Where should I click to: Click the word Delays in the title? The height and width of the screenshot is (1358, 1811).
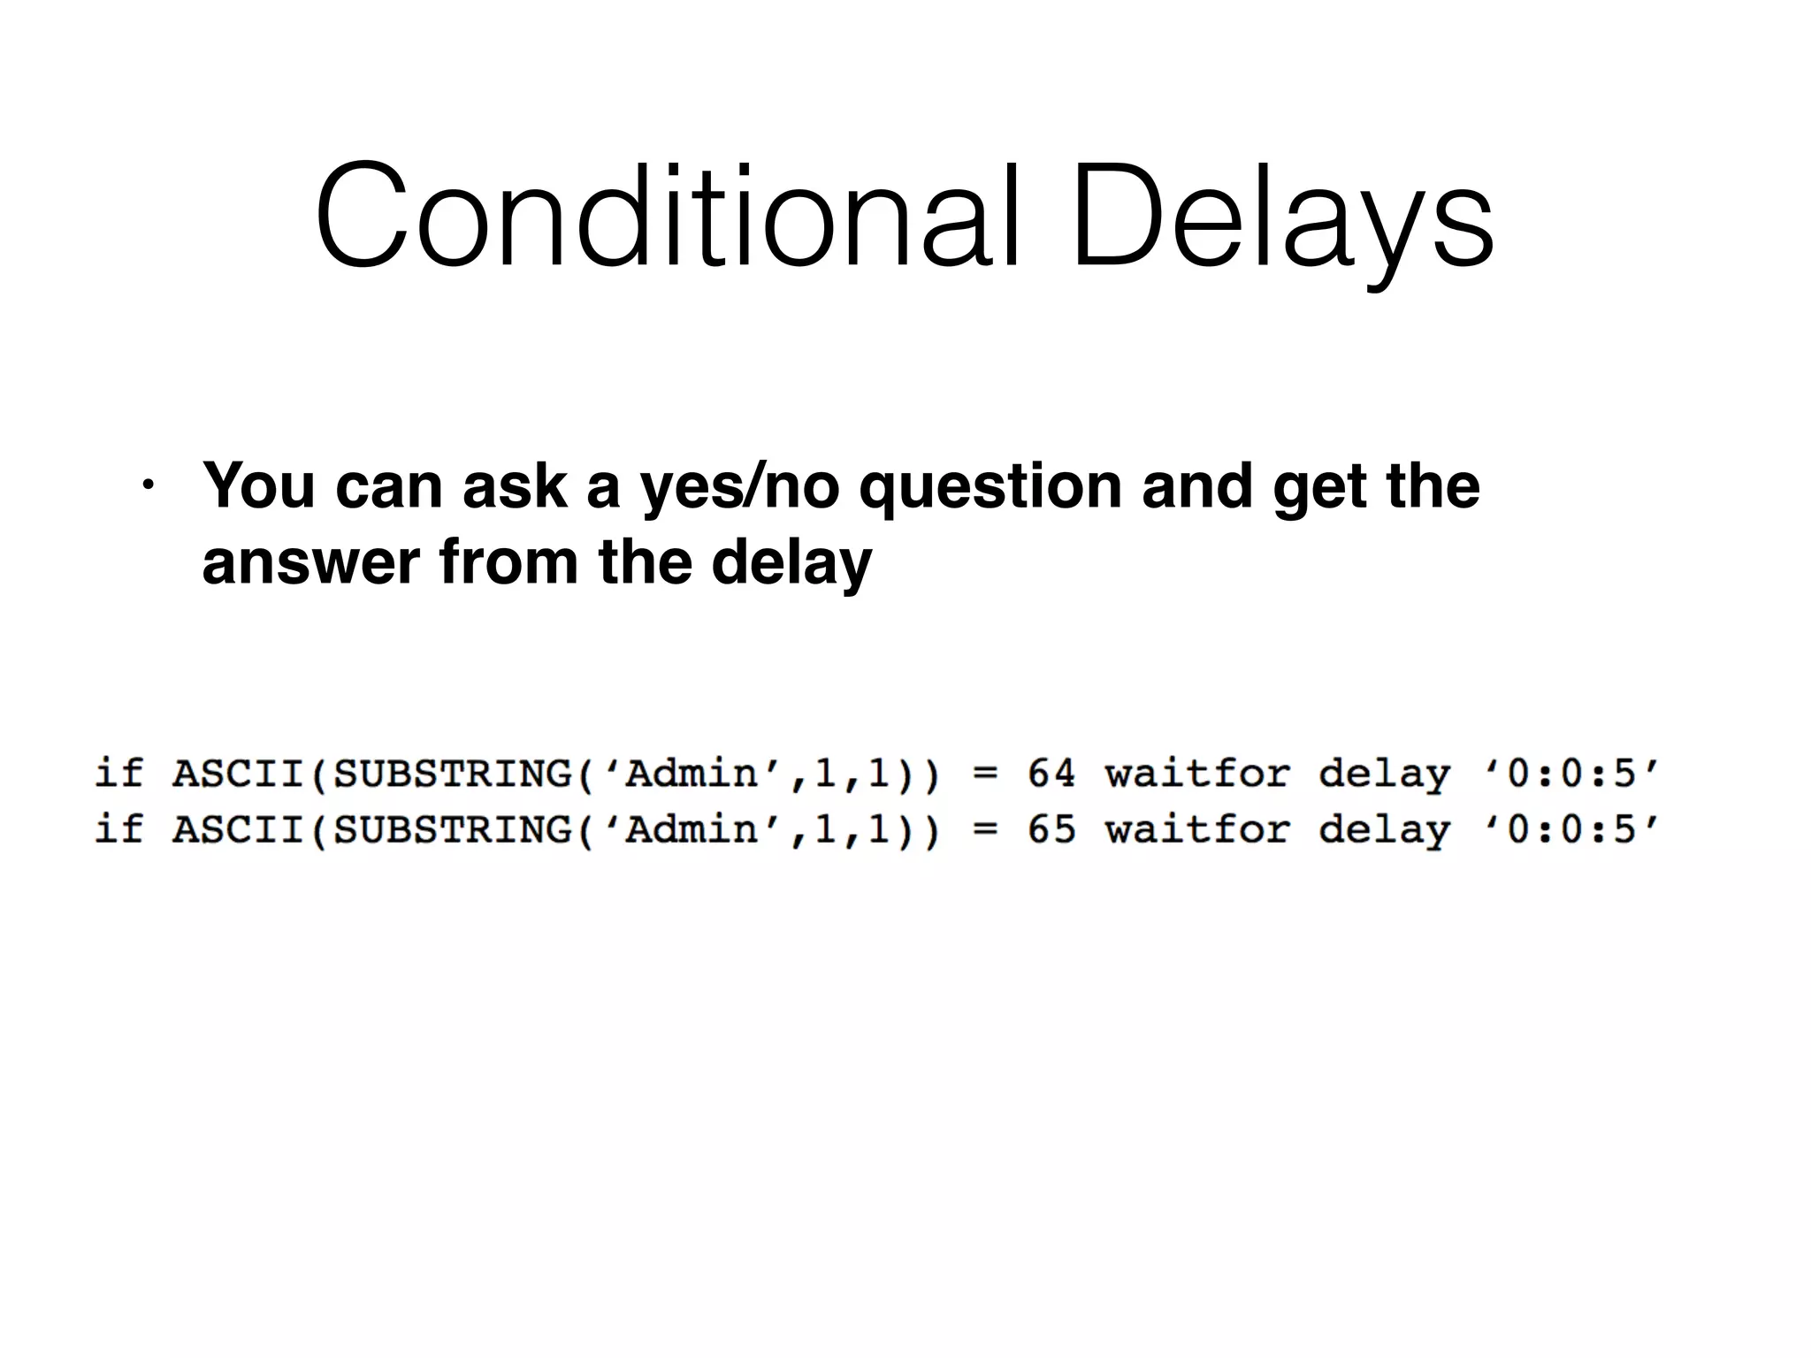[1282, 217]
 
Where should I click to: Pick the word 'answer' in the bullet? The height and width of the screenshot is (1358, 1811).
[310, 563]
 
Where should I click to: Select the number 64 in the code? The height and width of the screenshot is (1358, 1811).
[1051, 774]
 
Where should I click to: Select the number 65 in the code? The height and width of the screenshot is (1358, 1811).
[1051, 829]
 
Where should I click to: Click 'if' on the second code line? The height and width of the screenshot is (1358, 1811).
[118, 828]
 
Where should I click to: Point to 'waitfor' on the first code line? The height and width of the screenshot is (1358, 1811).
[1197, 774]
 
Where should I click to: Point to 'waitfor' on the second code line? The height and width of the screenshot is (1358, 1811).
[1197, 829]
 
